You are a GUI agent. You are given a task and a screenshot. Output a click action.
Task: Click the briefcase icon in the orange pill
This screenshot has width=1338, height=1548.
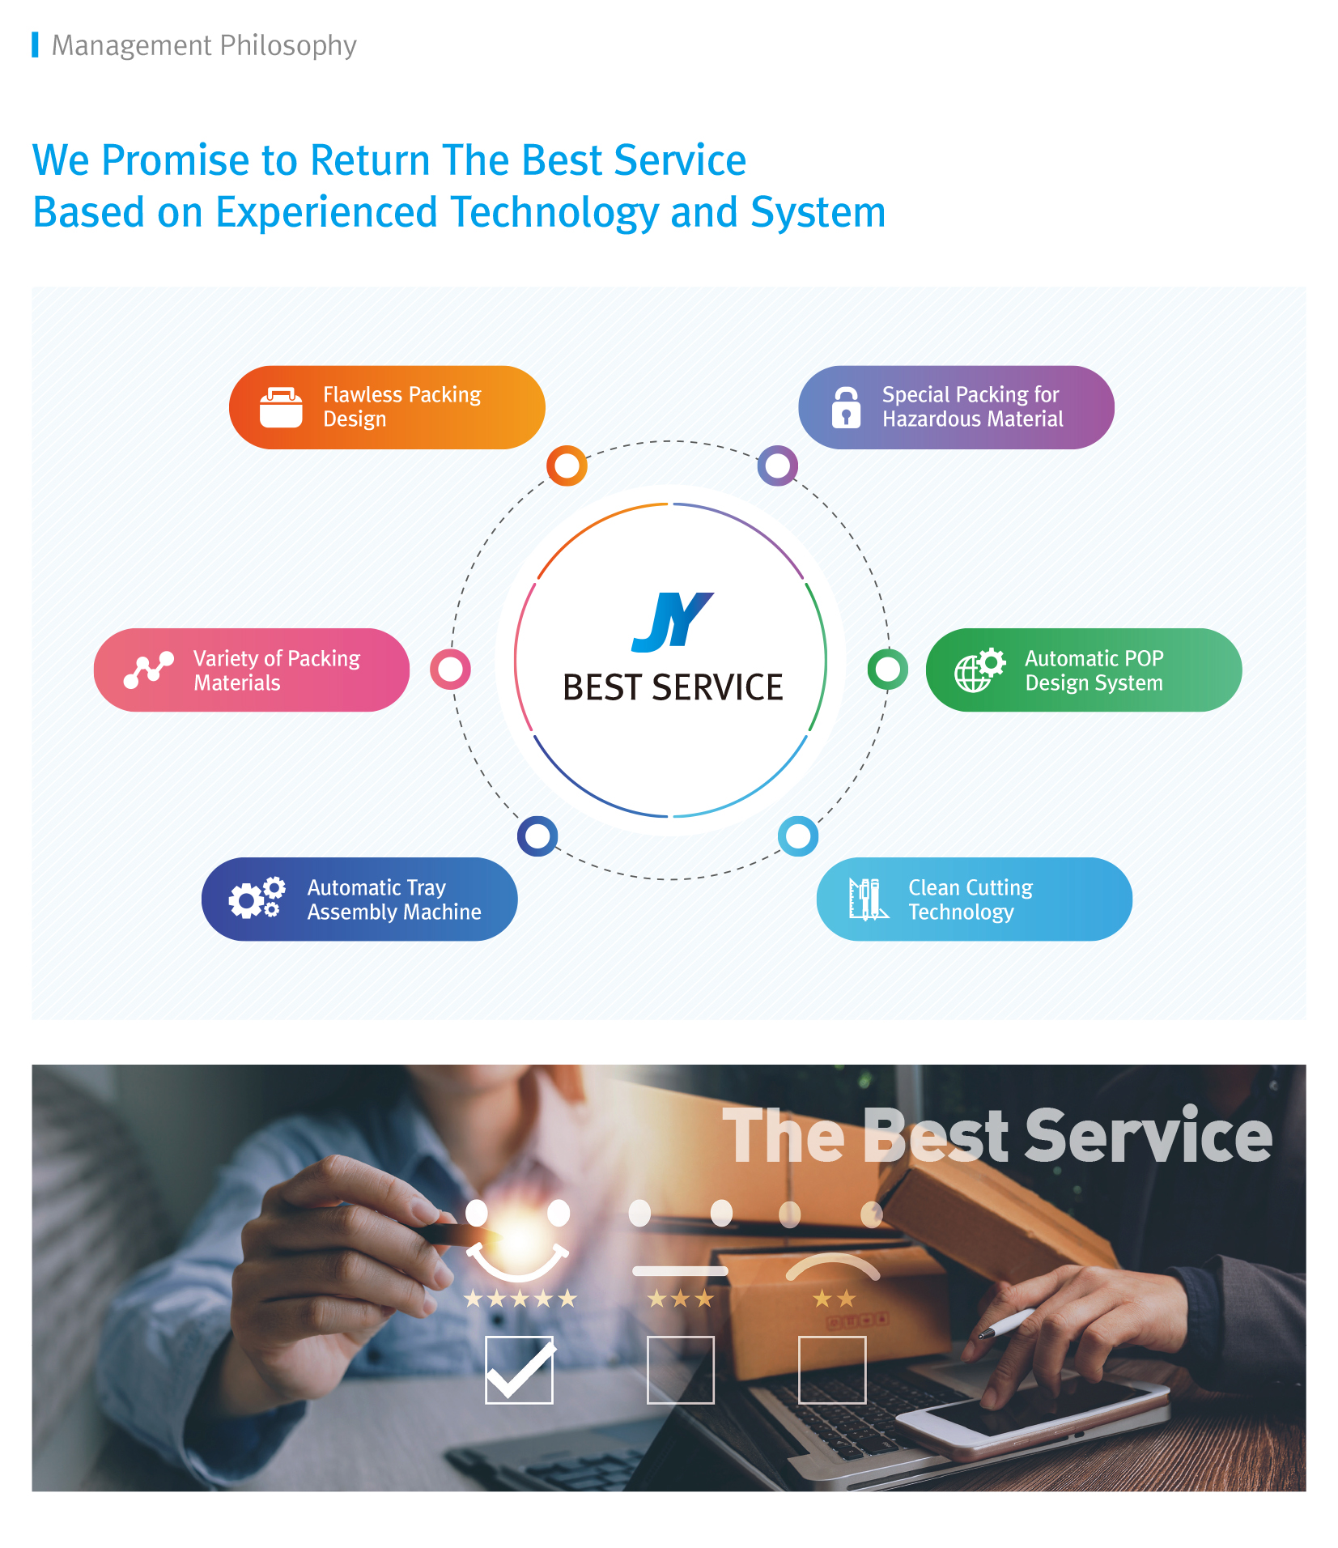281,407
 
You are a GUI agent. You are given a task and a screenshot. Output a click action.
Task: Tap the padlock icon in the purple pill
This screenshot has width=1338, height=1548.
846,407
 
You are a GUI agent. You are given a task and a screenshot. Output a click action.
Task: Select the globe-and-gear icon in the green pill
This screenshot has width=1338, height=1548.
979,670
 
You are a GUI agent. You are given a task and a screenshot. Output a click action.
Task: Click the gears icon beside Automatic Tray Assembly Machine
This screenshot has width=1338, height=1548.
257,898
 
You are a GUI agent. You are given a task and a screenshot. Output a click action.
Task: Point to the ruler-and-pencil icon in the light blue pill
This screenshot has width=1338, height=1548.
869,899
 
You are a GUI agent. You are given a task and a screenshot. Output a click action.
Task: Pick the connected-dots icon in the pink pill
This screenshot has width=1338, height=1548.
149,670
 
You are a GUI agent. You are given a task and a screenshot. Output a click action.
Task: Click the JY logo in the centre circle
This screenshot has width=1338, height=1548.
672,622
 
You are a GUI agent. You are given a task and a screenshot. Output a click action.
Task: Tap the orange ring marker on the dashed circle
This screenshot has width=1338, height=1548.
567,466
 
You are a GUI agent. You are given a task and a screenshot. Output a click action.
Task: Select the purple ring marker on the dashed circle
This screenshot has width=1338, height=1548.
778,466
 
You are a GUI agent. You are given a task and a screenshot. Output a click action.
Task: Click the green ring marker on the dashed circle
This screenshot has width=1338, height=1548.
888,670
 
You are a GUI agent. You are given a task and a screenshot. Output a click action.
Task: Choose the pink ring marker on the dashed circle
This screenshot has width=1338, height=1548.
451,670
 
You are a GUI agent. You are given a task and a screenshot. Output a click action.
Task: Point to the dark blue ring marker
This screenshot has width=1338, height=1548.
537,836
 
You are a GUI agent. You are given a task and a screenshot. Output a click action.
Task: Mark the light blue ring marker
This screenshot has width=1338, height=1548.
798,836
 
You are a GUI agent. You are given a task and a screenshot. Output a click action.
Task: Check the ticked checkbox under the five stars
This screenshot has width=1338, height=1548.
520,1370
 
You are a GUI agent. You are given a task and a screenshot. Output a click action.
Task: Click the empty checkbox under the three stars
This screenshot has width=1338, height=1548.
681,1370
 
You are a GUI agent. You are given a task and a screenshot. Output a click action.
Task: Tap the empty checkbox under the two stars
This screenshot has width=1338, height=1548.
832,1370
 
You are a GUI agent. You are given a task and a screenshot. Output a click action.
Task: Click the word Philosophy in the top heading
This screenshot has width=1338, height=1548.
288,46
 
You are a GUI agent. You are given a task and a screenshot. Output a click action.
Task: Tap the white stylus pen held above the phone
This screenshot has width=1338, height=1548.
1007,1322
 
